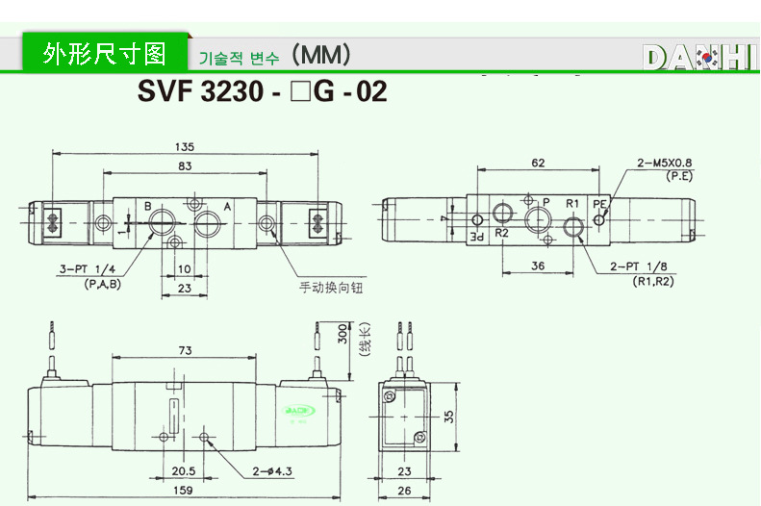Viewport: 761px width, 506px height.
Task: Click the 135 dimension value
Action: point(185,147)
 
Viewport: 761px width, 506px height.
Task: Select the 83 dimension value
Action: point(185,167)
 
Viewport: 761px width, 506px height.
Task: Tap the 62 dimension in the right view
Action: point(538,164)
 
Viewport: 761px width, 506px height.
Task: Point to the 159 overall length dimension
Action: point(181,490)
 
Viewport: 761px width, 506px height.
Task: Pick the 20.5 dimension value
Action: point(184,470)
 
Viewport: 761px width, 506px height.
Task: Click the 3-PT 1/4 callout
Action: point(88,271)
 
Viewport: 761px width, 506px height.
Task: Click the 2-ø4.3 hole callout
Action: point(272,470)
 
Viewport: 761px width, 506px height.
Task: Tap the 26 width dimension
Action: point(404,490)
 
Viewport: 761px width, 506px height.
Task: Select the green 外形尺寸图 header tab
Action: point(105,53)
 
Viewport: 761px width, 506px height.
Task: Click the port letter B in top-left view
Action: point(148,207)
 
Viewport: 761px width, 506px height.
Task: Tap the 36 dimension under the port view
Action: point(539,266)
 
